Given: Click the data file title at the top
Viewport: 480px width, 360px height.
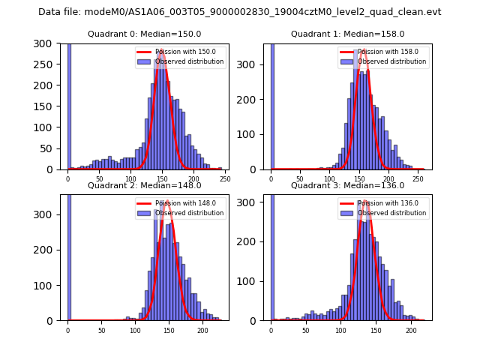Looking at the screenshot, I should pyautogui.click(x=239, y=12).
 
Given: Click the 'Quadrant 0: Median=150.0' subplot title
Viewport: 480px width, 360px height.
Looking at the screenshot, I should pyautogui.click(x=144, y=34).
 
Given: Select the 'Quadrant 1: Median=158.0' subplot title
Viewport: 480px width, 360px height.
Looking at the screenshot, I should pyautogui.click(x=347, y=34).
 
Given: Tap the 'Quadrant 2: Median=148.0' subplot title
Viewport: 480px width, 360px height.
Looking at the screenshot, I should pyautogui.click(x=144, y=185).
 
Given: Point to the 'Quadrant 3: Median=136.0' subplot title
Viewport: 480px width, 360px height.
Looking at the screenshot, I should pyautogui.click(x=347, y=185).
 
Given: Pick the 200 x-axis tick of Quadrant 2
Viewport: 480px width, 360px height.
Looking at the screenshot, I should pyautogui.click(x=202, y=329).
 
